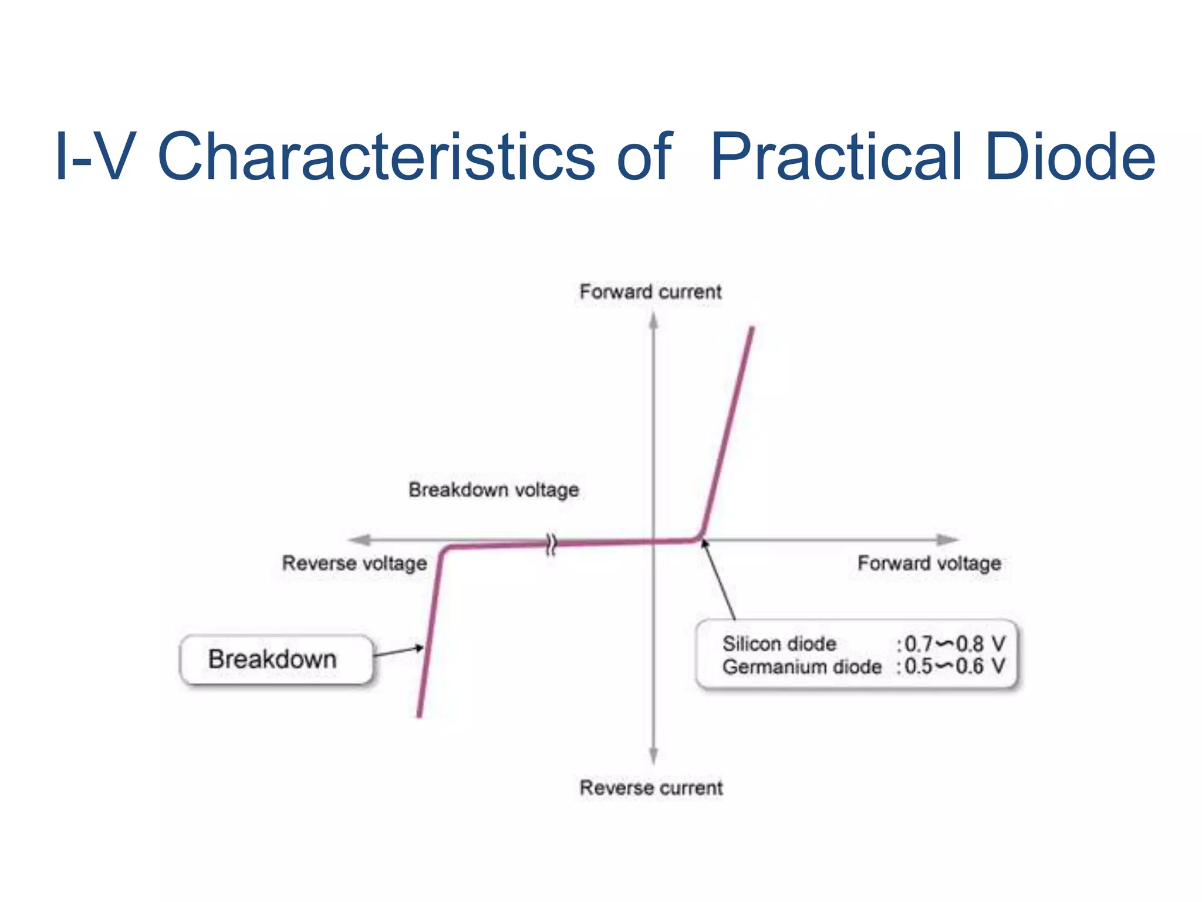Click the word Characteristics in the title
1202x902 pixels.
coord(376,157)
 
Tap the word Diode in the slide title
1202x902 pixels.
coord(1070,157)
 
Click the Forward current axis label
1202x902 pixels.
coord(650,291)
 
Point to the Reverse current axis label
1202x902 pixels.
coord(651,787)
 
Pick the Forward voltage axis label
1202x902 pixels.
coord(929,563)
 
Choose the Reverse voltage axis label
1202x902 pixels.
coord(354,563)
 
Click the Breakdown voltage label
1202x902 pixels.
coord(494,490)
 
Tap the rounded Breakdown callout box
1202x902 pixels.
coord(276,659)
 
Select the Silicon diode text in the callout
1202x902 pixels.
coord(779,644)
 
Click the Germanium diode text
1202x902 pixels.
coord(802,667)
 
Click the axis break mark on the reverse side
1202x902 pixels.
coord(551,544)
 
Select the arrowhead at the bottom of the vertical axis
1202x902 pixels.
coord(653,756)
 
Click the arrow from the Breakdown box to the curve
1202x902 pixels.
coord(399,651)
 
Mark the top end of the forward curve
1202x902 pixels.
coord(752,329)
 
